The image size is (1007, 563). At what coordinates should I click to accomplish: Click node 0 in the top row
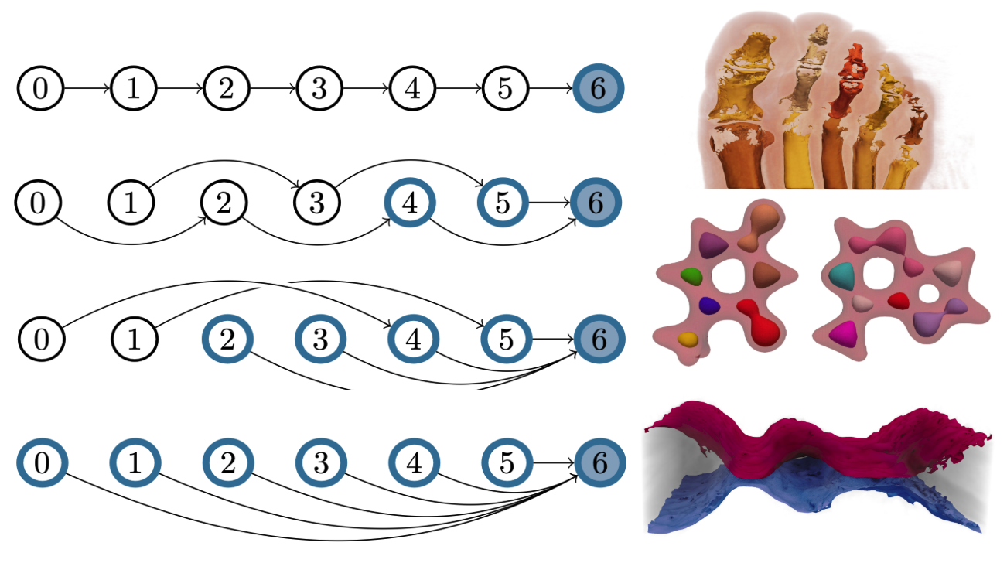coord(40,88)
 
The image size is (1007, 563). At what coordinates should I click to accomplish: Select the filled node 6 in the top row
coord(599,88)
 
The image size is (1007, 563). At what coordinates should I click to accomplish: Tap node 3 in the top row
coord(319,88)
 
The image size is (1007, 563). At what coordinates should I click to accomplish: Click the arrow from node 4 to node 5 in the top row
coord(459,88)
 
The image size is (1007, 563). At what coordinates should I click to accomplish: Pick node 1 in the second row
coord(131,203)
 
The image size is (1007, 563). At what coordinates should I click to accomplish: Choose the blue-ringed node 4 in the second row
coord(410,203)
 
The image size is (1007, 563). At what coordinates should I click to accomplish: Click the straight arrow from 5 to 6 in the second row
coord(549,203)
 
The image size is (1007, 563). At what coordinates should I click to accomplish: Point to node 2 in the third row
coord(227,339)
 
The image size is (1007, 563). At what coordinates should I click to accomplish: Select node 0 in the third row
coord(41,339)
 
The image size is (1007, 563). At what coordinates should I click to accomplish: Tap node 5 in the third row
coord(506,339)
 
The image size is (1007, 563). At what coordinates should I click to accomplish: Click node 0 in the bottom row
coord(43,462)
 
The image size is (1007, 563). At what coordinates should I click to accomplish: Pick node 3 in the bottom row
coord(321,462)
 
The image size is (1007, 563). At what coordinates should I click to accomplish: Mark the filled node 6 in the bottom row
coord(600,462)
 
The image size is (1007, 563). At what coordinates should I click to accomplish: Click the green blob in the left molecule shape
coord(691,276)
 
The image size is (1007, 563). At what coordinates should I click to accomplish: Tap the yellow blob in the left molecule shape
coord(688,340)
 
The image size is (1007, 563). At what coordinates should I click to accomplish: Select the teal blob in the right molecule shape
coord(842,276)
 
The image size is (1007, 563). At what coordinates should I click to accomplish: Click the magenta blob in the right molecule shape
coord(843,333)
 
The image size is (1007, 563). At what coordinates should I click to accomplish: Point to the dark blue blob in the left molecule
coord(710,305)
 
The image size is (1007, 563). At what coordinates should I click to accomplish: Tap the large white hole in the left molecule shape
coord(729,275)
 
